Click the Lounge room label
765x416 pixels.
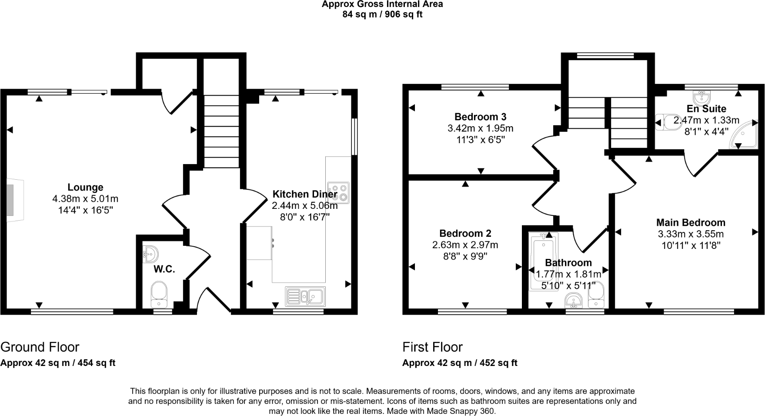pyautogui.click(x=85, y=187)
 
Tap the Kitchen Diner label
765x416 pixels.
pyautogui.click(x=304, y=194)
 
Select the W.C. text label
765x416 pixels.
pyautogui.click(x=164, y=269)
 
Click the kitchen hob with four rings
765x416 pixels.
pyautogui.click(x=338, y=193)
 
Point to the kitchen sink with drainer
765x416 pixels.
pyautogui.click(x=305, y=296)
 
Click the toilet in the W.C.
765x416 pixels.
pyautogui.click(x=159, y=294)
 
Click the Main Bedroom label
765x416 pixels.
pyautogui.click(x=691, y=222)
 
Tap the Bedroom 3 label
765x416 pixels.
pyautogui.click(x=480, y=117)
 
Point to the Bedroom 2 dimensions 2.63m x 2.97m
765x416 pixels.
pyautogui.click(x=465, y=245)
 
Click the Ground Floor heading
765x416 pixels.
pyautogui.click(x=40, y=347)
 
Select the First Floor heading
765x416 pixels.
pyautogui.click(x=432, y=347)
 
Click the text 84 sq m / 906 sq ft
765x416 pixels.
pyautogui.click(x=382, y=14)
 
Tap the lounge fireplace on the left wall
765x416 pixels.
pyautogui.click(x=11, y=200)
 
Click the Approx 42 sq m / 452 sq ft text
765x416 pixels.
pyautogui.click(x=460, y=363)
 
